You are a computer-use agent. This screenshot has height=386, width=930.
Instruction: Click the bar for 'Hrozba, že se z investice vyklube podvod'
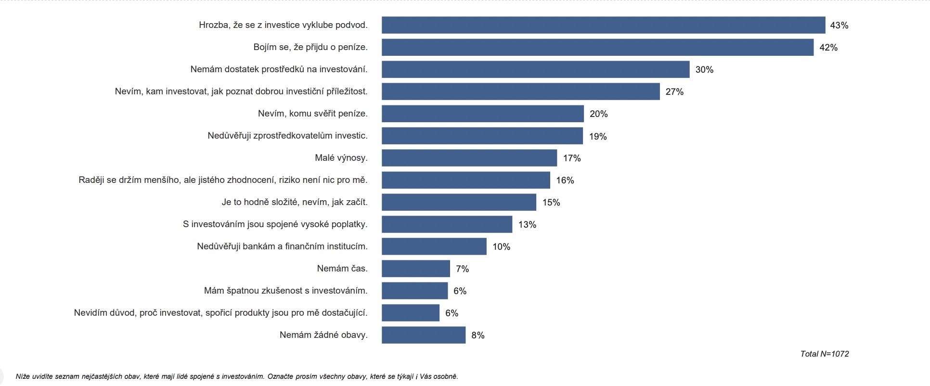pos(604,25)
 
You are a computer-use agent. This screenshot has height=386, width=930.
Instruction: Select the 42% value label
pos(828,47)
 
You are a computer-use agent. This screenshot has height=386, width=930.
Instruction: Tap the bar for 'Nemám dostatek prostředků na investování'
pos(536,69)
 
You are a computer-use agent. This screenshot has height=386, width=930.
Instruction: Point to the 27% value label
pos(674,91)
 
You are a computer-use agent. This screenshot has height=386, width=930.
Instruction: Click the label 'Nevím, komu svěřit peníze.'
pos(313,114)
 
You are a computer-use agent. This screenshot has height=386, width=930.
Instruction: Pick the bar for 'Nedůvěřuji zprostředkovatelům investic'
pos(482,136)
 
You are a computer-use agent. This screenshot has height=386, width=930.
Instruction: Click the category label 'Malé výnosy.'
pos(341,158)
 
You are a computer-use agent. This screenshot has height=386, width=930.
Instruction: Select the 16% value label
pos(565,180)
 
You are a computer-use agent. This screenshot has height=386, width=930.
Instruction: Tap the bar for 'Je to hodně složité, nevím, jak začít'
pos(459,202)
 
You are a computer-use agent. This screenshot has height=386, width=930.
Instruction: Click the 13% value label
pos(527,224)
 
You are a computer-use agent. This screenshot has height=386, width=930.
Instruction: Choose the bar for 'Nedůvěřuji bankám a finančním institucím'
pos(434,246)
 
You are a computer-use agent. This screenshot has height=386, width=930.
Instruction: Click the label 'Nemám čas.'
pos(342,269)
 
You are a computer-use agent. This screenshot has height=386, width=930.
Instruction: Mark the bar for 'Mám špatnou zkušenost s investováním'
pos(415,291)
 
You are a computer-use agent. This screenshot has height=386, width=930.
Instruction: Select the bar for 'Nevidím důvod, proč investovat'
pos(411,313)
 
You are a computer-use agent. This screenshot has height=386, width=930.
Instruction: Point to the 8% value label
pos(478,335)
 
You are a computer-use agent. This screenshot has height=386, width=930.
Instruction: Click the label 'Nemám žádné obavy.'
pos(323,335)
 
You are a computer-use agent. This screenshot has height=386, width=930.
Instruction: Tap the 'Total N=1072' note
pos(825,354)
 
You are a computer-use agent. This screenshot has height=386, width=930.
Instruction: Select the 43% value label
pos(839,25)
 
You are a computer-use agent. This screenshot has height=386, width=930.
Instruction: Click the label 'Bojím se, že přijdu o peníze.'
pos(310,47)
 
